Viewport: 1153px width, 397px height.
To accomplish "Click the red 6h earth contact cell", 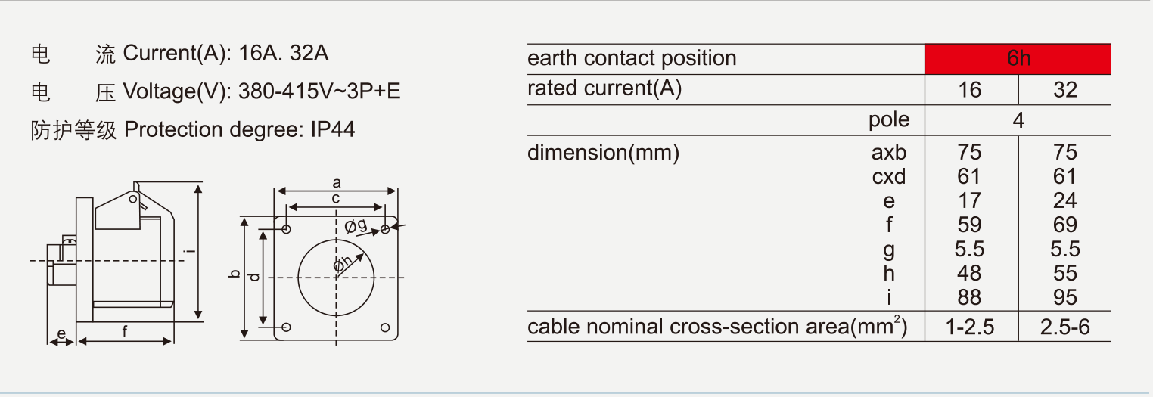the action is tap(1018, 59).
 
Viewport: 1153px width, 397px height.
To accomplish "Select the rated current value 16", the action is tap(970, 91).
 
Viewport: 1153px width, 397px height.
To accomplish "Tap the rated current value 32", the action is tap(1065, 91).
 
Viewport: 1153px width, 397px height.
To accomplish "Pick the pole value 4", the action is tap(1018, 121).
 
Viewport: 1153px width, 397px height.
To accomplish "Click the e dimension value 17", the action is tap(969, 200).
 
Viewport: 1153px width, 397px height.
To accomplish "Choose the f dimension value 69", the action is tap(1065, 225).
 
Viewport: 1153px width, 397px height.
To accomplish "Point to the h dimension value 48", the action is tap(969, 273).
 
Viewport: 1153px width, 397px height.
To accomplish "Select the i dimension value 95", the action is tap(1065, 297).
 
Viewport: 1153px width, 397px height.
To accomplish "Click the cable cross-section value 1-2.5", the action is tap(970, 327).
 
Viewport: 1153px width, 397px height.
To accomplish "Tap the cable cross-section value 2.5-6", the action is tap(1065, 327).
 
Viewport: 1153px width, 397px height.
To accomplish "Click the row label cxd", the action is tap(889, 177).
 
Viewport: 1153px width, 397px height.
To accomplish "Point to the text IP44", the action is tap(333, 129).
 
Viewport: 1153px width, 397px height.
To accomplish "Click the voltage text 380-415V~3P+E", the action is tap(319, 91).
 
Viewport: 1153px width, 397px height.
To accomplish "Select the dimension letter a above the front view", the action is tap(337, 182).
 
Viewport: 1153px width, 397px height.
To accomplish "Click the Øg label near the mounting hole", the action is tap(356, 225).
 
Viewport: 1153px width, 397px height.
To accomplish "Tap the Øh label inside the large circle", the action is tap(343, 263).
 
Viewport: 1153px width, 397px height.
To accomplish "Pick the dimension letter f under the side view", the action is tap(125, 332).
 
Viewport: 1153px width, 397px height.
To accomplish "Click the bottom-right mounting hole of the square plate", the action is tap(385, 327).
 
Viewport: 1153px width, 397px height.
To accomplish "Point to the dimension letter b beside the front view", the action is tap(235, 274).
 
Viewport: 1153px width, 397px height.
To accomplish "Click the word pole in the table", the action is tap(889, 120).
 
